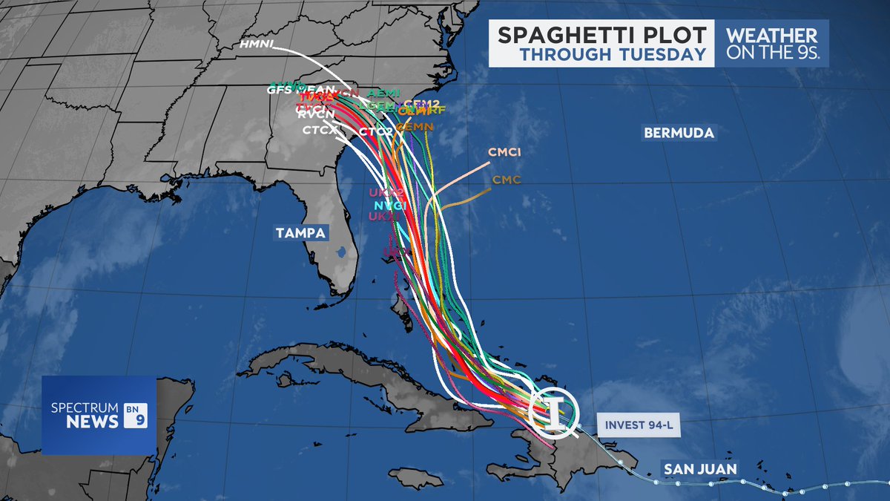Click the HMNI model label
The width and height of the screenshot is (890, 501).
pyautogui.click(x=257, y=46)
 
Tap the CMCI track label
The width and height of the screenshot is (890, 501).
pyautogui.click(x=504, y=152)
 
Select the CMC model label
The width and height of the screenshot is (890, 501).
pyautogui.click(x=507, y=180)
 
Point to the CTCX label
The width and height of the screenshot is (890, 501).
pyautogui.click(x=320, y=131)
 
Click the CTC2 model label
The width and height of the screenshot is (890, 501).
pyautogui.click(x=375, y=132)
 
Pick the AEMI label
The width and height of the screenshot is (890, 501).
pyautogui.click(x=384, y=93)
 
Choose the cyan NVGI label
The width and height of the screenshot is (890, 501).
pyautogui.click(x=389, y=205)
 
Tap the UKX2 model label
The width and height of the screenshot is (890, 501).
pyautogui.click(x=386, y=193)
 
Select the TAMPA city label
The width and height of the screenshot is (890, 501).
pyautogui.click(x=300, y=233)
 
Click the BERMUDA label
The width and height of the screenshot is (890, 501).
pyautogui.click(x=679, y=134)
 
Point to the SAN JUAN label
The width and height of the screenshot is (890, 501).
pyautogui.click(x=699, y=469)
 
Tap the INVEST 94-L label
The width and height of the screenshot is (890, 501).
pyautogui.click(x=638, y=425)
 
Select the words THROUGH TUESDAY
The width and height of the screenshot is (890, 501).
pyautogui.click(x=612, y=54)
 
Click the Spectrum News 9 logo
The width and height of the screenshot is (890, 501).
pyautogui.click(x=98, y=415)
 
